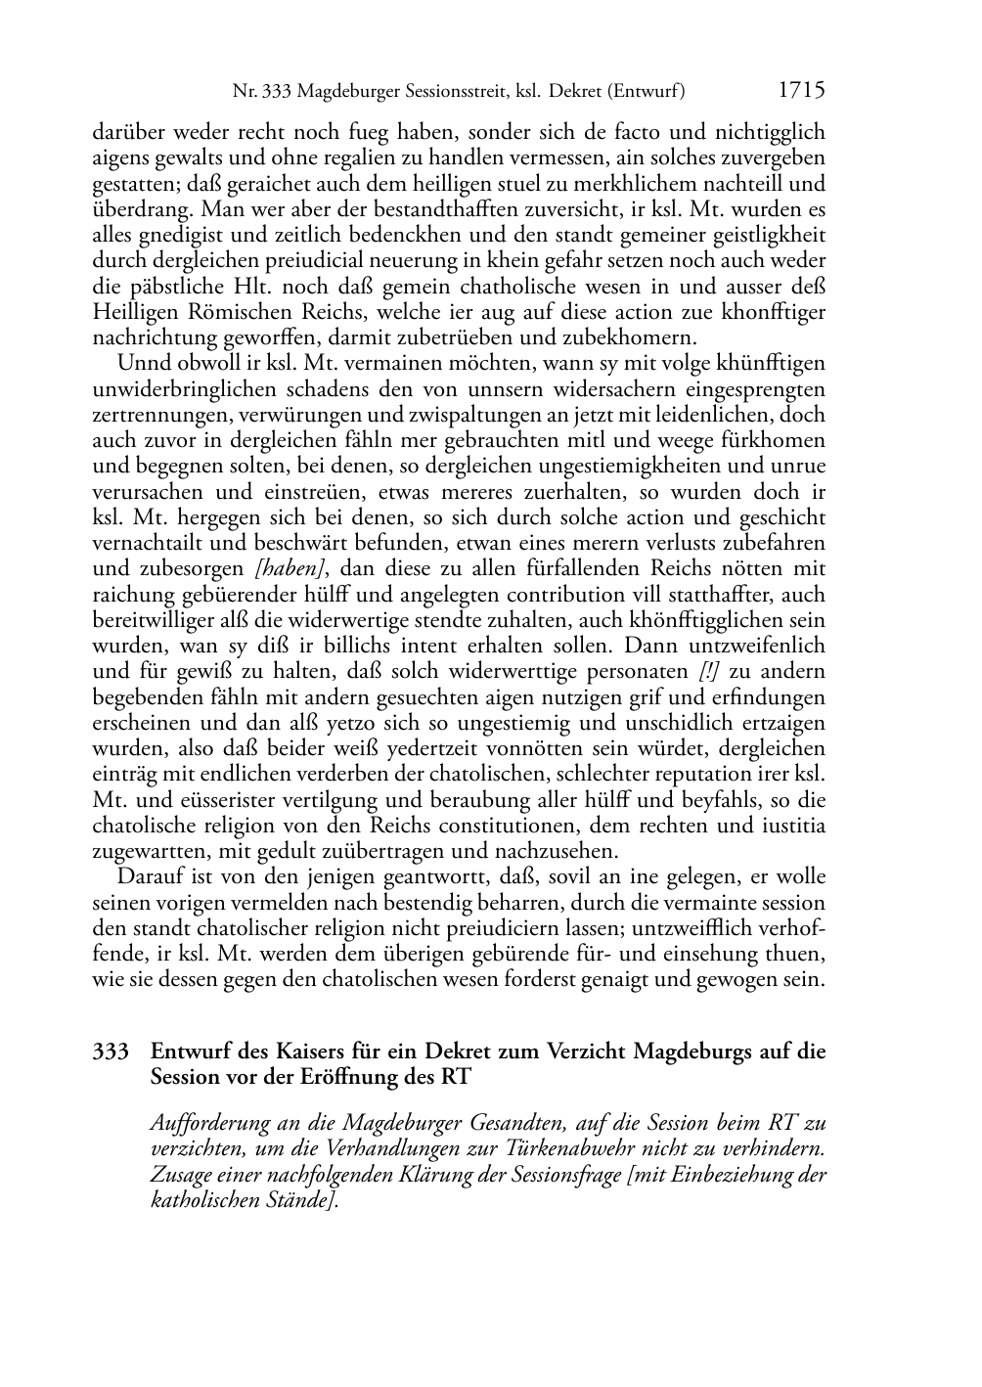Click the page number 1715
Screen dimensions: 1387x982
[x=801, y=91]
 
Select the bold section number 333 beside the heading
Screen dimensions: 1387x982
[x=111, y=1052]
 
